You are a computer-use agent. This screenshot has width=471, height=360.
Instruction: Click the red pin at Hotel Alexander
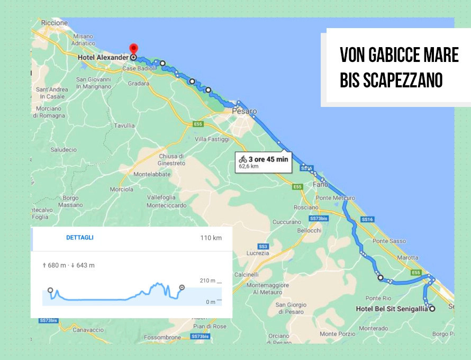point(133,49)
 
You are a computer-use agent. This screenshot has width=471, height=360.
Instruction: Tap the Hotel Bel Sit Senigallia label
point(392,309)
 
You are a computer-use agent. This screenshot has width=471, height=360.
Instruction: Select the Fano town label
point(321,185)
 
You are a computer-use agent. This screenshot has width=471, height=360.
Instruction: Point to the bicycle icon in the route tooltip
point(243,158)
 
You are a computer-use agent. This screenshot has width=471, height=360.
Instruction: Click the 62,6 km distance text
point(249,166)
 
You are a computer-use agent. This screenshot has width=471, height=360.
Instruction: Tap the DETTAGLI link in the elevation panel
point(79,238)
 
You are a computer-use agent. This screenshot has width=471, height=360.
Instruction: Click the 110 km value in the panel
point(211,238)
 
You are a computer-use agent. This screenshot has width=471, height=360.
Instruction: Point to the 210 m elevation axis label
point(207,281)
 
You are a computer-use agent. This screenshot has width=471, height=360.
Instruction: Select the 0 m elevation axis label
point(210,302)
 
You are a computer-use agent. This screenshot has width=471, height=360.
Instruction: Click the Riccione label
point(55,23)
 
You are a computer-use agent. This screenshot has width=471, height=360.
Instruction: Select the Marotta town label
point(407,258)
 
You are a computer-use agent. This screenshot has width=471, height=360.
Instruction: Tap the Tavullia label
point(124,126)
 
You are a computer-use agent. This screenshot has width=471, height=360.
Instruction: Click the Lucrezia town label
point(258,254)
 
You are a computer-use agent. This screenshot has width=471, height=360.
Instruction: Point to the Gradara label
point(139,84)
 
